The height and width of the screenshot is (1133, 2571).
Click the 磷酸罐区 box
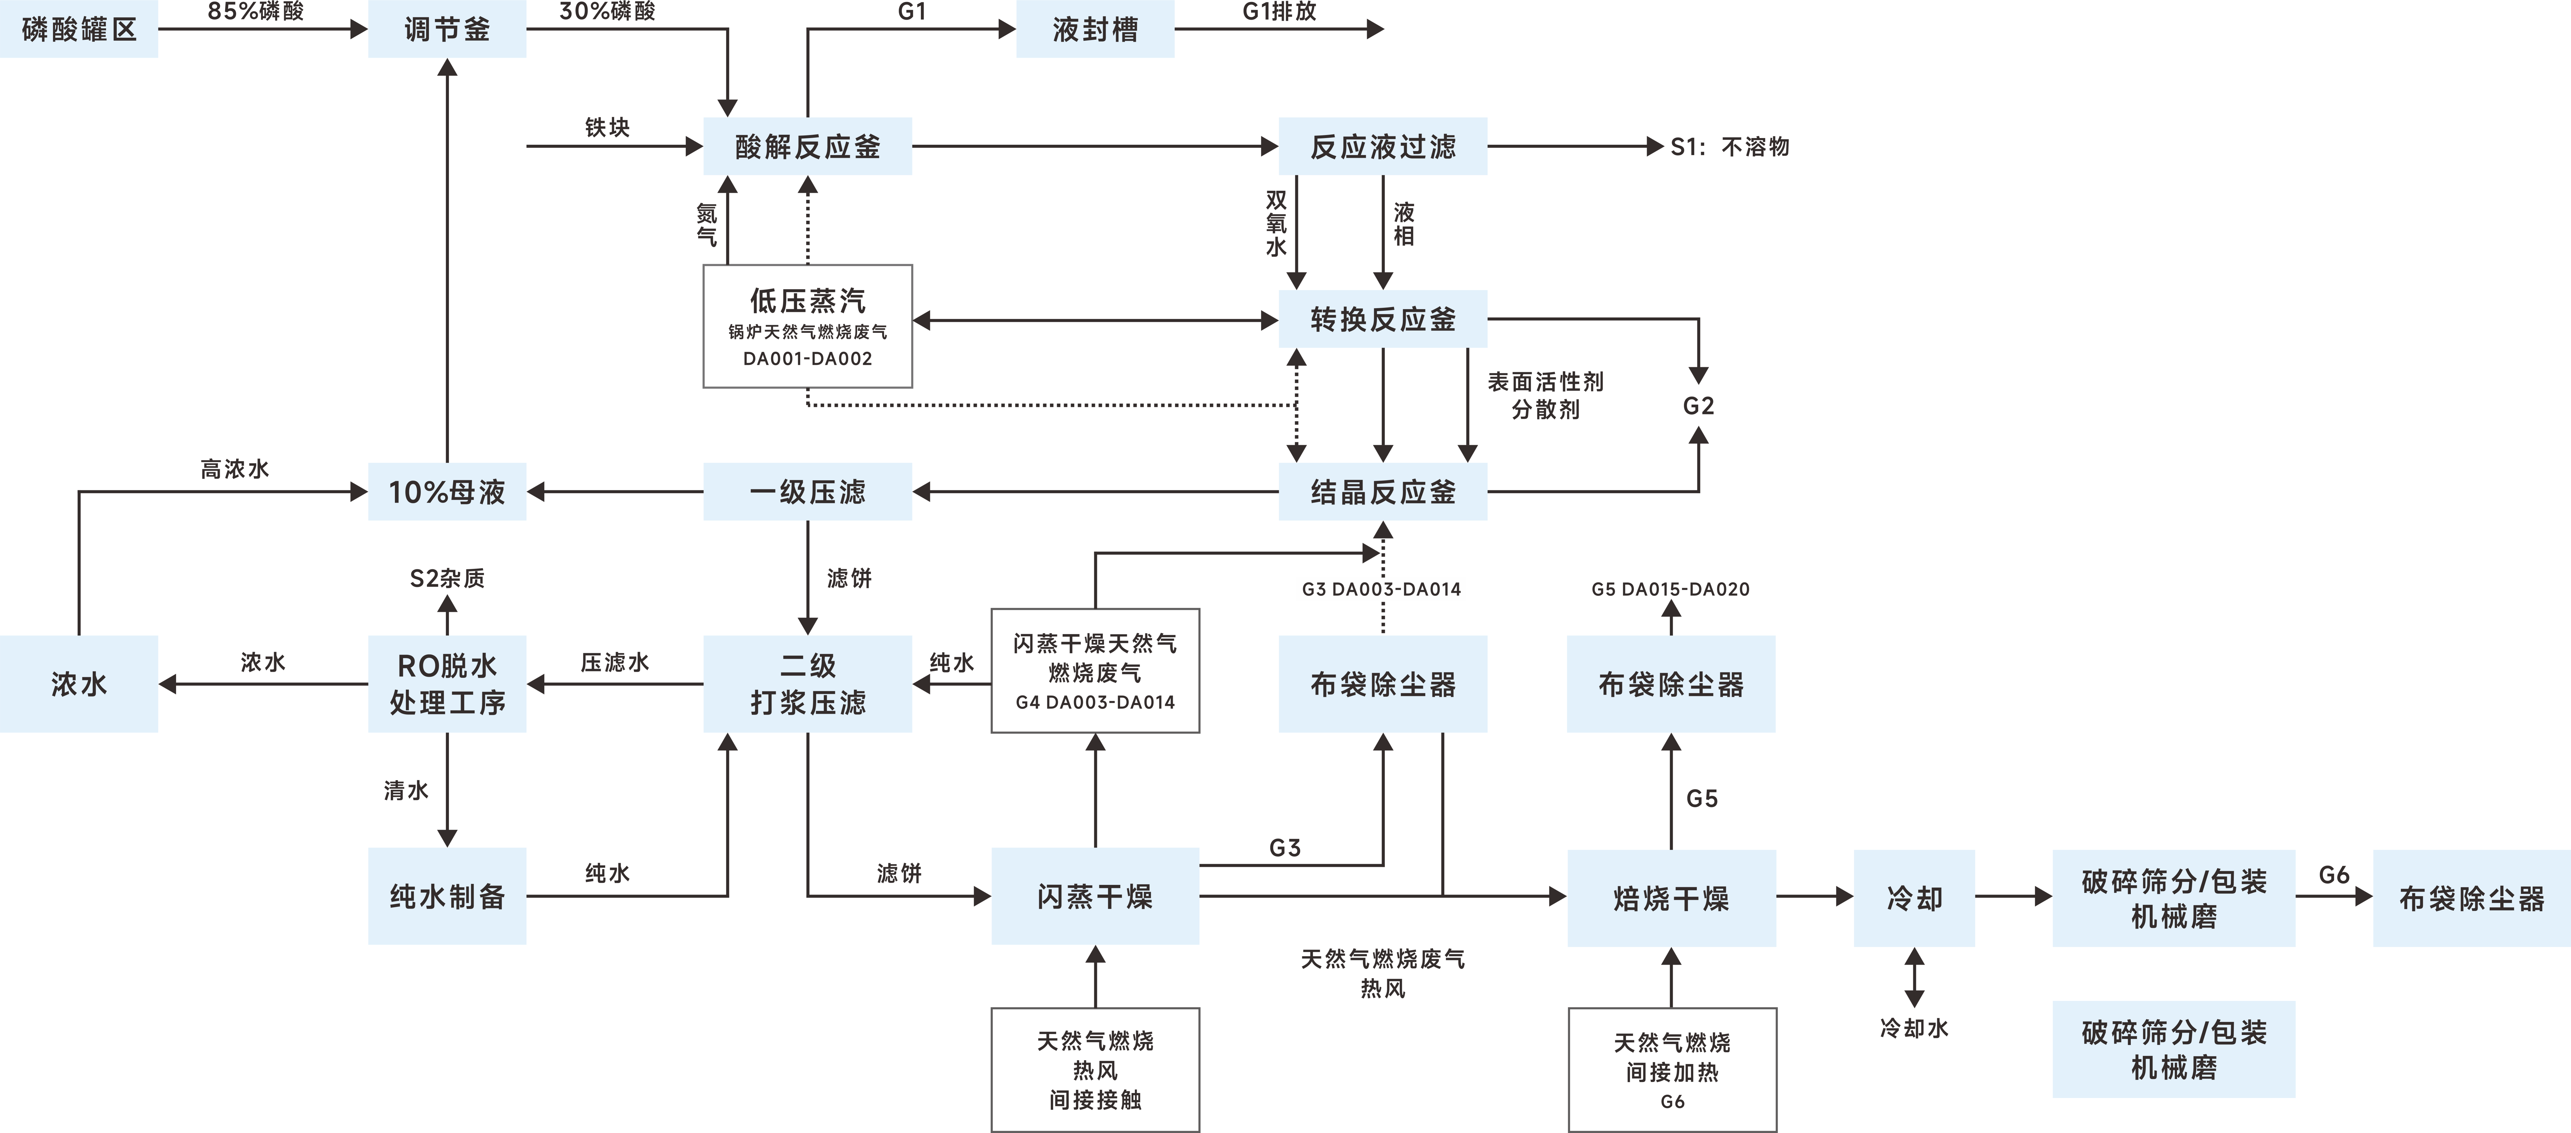[79, 29]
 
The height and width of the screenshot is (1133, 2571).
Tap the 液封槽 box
[1095, 29]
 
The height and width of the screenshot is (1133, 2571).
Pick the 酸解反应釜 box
[808, 147]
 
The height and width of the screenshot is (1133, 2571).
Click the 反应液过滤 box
[1382, 147]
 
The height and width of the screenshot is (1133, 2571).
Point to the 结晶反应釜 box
[1382, 491]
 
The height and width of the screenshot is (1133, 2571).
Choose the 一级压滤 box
[808, 491]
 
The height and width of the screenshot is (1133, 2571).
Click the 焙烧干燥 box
[1671, 898]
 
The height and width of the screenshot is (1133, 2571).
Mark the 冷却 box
[1913, 898]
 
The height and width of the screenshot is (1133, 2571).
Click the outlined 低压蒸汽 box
[808, 326]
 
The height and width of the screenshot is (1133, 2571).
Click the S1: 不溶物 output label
[1730, 147]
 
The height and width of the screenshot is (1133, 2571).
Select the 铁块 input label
[607, 127]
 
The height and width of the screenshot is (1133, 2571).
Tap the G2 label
[1698, 405]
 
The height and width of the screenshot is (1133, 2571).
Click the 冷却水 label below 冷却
[1913, 1027]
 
